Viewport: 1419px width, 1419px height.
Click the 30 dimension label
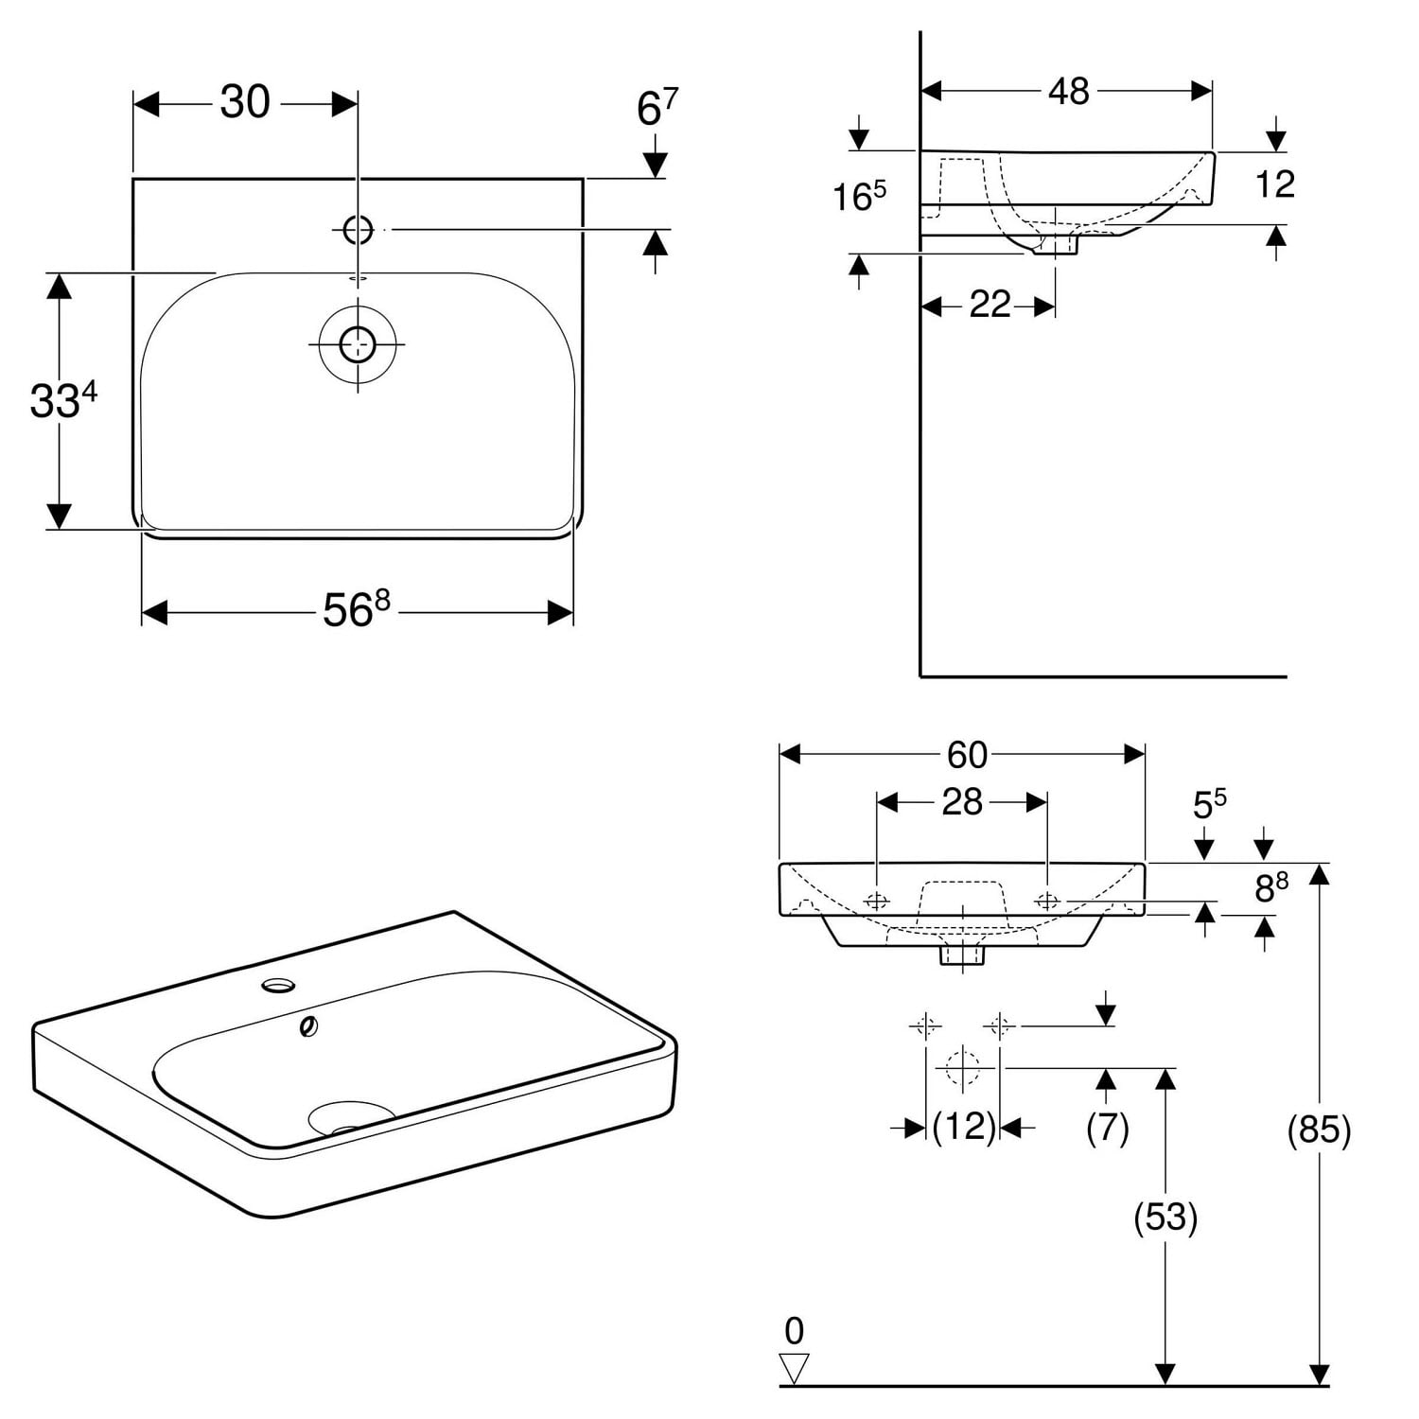[x=245, y=102]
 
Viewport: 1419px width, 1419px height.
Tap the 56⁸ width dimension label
[x=356, y=610]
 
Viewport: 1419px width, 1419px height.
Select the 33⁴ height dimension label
[x=62, y=400]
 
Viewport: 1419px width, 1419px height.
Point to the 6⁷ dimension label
[x=657, y=108]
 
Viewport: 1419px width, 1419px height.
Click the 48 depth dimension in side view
[x=1068, y=91]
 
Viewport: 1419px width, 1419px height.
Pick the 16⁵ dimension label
[x=859, y=196]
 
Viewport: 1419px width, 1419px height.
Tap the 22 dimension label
[x=990, y=305]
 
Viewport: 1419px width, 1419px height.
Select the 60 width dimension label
[x=967, y=755]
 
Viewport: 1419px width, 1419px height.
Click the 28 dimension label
[x=961, y=802]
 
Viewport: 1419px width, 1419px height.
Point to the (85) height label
[x=1319, y=1130]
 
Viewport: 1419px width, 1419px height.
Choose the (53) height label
[x=1165, y=1217]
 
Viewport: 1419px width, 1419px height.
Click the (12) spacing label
[x=964, y=1127]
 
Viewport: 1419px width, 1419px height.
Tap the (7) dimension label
[x=1107, y=1127]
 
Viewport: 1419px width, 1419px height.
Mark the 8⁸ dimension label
[x=1270, y=888]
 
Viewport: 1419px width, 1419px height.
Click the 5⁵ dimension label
[x=1208, y=804]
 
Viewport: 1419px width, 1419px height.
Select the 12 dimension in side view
[x=1274, y=184]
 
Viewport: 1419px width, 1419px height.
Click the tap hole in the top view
[x=358, y=229]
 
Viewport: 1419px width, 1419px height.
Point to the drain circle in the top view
[x=358, y=344]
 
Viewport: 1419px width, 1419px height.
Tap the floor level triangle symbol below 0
[x=795, y=1368]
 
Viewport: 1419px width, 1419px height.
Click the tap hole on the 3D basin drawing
[x=278, y=986]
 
